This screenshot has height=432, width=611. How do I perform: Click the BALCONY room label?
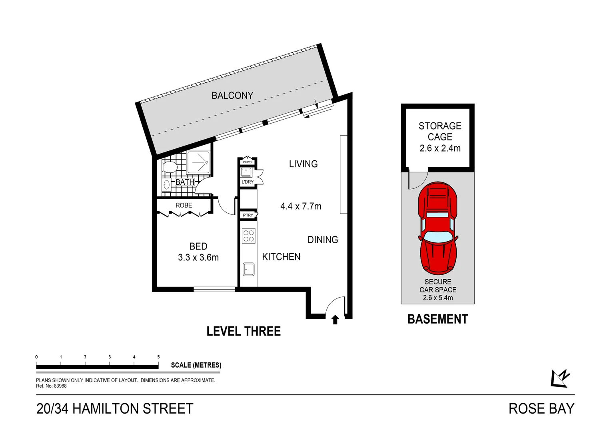(x=232, y=96)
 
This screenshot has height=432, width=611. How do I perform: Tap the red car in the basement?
(x=438, y=228)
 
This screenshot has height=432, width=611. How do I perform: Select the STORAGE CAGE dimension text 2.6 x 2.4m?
(x=440, y=148)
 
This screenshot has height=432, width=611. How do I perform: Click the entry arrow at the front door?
(x=335, y=320)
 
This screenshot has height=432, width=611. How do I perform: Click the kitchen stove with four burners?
(x=248, y=236)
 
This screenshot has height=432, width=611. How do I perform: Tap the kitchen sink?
(x=248, y=269)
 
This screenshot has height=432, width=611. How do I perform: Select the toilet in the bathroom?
(x=170, y=167)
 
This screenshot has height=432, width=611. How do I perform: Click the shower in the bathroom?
(x=198, y=162)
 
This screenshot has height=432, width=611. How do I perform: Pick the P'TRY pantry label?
(x=248, y=215)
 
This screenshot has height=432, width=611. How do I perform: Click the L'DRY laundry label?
(x=248, y=182)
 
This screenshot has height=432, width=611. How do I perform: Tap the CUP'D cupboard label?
(x=248, y=162)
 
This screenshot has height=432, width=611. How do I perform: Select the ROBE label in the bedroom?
(x=184, y=205)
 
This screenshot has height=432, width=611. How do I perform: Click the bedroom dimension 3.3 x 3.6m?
(x=198, y=258)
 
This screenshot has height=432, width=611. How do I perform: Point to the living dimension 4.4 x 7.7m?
(x=301, y=206)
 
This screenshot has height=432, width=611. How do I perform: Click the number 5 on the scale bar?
(x=158, y=357)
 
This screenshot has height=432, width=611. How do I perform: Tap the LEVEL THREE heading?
(x=244, y=331)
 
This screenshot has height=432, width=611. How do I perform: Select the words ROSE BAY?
(x=541, y=409)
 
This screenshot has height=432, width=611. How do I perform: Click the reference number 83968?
(x=60, y=386)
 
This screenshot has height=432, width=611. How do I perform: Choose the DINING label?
(x=323, y=240)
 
